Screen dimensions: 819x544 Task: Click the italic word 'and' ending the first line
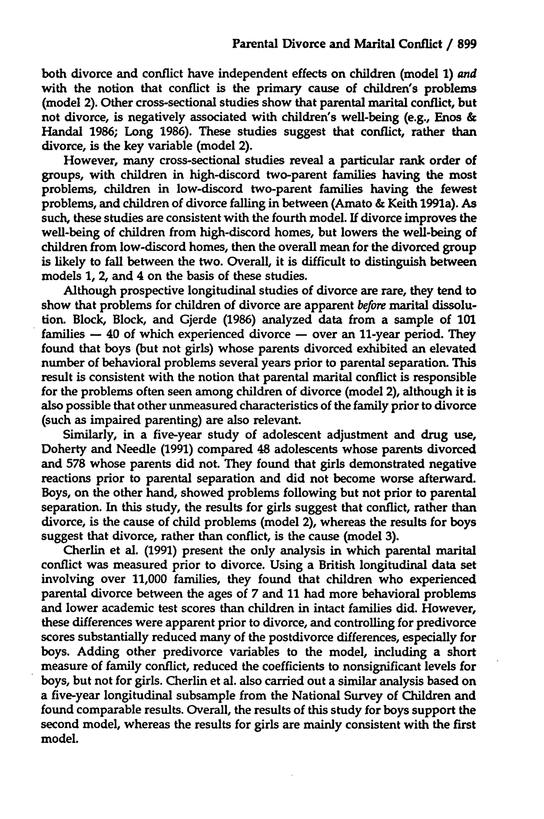point(468,74)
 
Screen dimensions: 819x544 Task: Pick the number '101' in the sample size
point(466,320)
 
